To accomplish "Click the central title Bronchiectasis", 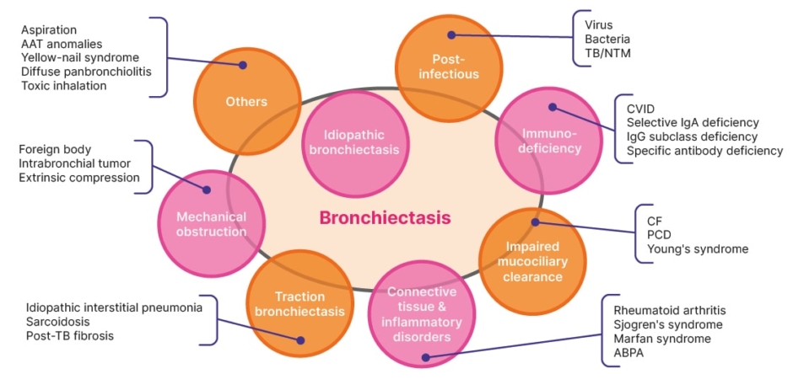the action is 385,218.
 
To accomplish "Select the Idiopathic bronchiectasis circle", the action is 354,143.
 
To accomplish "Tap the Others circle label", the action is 246,102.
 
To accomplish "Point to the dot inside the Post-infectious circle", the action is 451,35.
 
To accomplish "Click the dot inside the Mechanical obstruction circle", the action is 207,190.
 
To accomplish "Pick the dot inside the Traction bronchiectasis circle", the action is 300,340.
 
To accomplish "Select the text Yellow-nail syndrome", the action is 80,57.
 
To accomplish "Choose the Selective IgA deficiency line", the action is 693,122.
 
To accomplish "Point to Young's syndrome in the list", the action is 698,249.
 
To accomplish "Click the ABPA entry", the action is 628,352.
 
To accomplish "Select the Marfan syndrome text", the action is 662,338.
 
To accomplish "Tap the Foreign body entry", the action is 55,150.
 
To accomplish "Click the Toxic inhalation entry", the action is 64,85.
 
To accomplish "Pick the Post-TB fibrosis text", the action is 70,335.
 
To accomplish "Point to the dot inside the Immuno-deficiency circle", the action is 553,107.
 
